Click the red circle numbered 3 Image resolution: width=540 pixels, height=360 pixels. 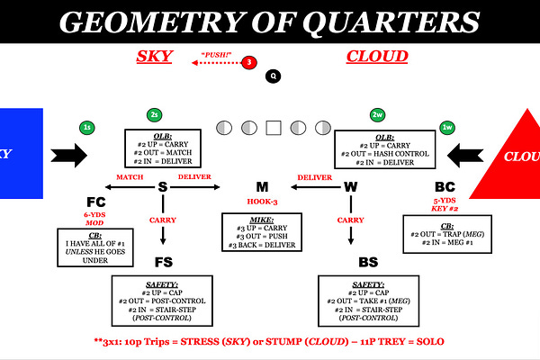click(x=250, y=62)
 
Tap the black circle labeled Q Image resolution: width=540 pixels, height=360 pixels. click(x=273, y=76)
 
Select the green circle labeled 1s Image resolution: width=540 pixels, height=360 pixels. click(x=87, y=129)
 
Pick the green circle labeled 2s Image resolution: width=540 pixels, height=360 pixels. click(x=155, y=116)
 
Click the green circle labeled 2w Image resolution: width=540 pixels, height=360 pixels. click(x=378, y=116)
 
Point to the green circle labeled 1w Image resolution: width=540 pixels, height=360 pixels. click(x=446, y=129)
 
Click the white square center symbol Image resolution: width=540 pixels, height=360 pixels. click(x=273, y=127)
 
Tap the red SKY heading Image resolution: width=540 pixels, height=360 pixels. click(x=154, y=57)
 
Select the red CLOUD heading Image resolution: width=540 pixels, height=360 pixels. click(x=377, y=57)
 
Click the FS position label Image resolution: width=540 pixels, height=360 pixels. click(x=162, y=263)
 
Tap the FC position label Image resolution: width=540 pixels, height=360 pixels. click(x=96, y=201)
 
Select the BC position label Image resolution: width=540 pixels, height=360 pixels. click(x=444, y=186)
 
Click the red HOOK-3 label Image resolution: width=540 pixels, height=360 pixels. click(x=265, y=202)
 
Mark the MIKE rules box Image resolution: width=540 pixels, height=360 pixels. click(x=265, y=231)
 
